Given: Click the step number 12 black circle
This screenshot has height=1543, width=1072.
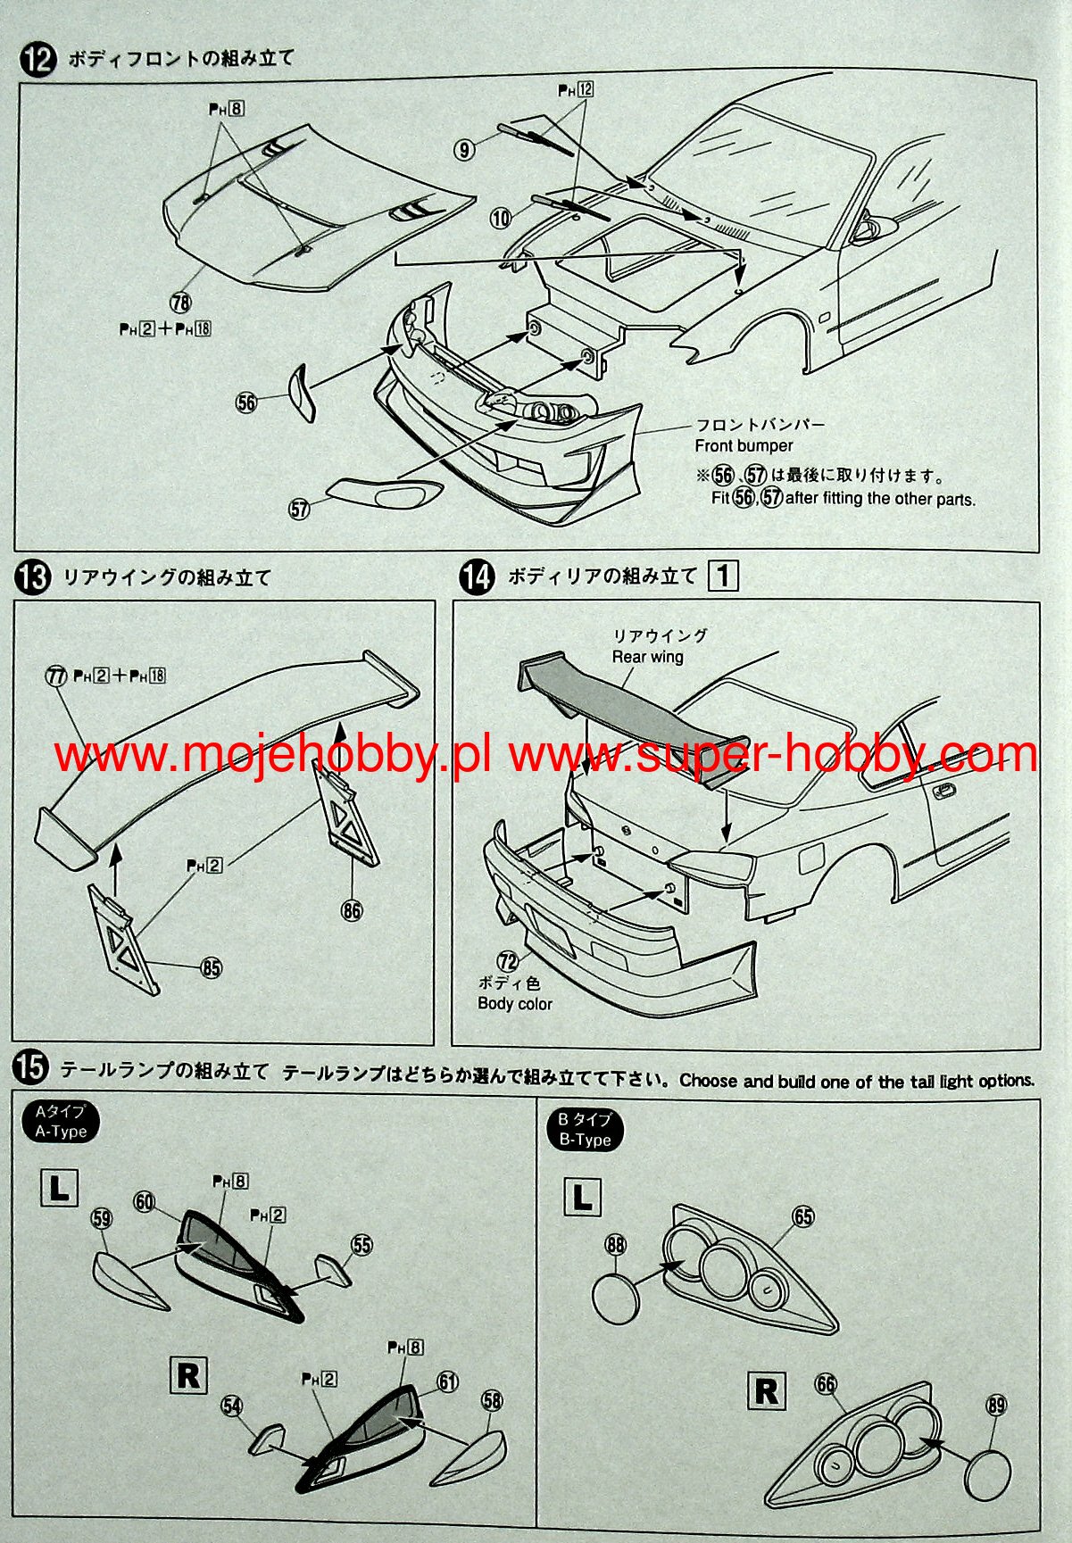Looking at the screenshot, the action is click(x=37, y=60).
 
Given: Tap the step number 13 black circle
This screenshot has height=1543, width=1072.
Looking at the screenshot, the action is click(x=32, y=577).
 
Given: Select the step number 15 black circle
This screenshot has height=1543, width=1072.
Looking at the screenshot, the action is click(x=31, y=1067).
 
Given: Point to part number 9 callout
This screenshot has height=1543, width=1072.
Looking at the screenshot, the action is click(x=464, y=150).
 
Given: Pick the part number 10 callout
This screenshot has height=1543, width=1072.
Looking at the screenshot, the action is click(x=501, y=217).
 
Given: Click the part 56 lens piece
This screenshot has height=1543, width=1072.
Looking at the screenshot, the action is click(x=301, y=393).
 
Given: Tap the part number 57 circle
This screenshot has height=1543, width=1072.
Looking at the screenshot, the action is click(x=299, y=509).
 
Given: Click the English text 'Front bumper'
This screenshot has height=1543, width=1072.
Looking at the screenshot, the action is click(x=744, y=445).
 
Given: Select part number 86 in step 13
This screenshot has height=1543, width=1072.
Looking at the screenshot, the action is click(x=352, y=910).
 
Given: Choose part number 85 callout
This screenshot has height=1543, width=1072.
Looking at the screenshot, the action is click(x=212, y=967).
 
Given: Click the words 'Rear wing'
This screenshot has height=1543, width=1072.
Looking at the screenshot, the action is click(x=647, y=657).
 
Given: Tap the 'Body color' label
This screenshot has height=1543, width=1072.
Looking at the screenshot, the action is click(x=515, y=1003).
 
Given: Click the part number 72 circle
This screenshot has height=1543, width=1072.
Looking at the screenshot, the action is click(x=508, y=961).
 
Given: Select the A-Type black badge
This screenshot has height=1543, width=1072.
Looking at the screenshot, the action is click(x=61, y=1122).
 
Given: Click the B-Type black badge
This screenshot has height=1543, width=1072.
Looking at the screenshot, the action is click(x=585, y=1130).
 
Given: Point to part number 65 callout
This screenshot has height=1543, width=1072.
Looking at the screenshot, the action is click(x=803, y=1216).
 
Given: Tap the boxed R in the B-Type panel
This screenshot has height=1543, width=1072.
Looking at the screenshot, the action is click(x=767, y=1391).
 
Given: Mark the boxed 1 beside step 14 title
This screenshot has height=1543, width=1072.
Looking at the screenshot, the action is click(x=723, y=576).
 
